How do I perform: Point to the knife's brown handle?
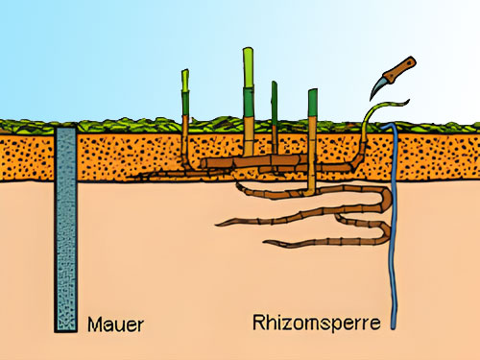coord(400,68)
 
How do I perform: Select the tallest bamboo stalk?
coord(249,106)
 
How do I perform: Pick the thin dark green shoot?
coord(275,115)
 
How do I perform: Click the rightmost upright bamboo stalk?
coord(312,125)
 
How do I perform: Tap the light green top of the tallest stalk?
coord(249,62)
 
